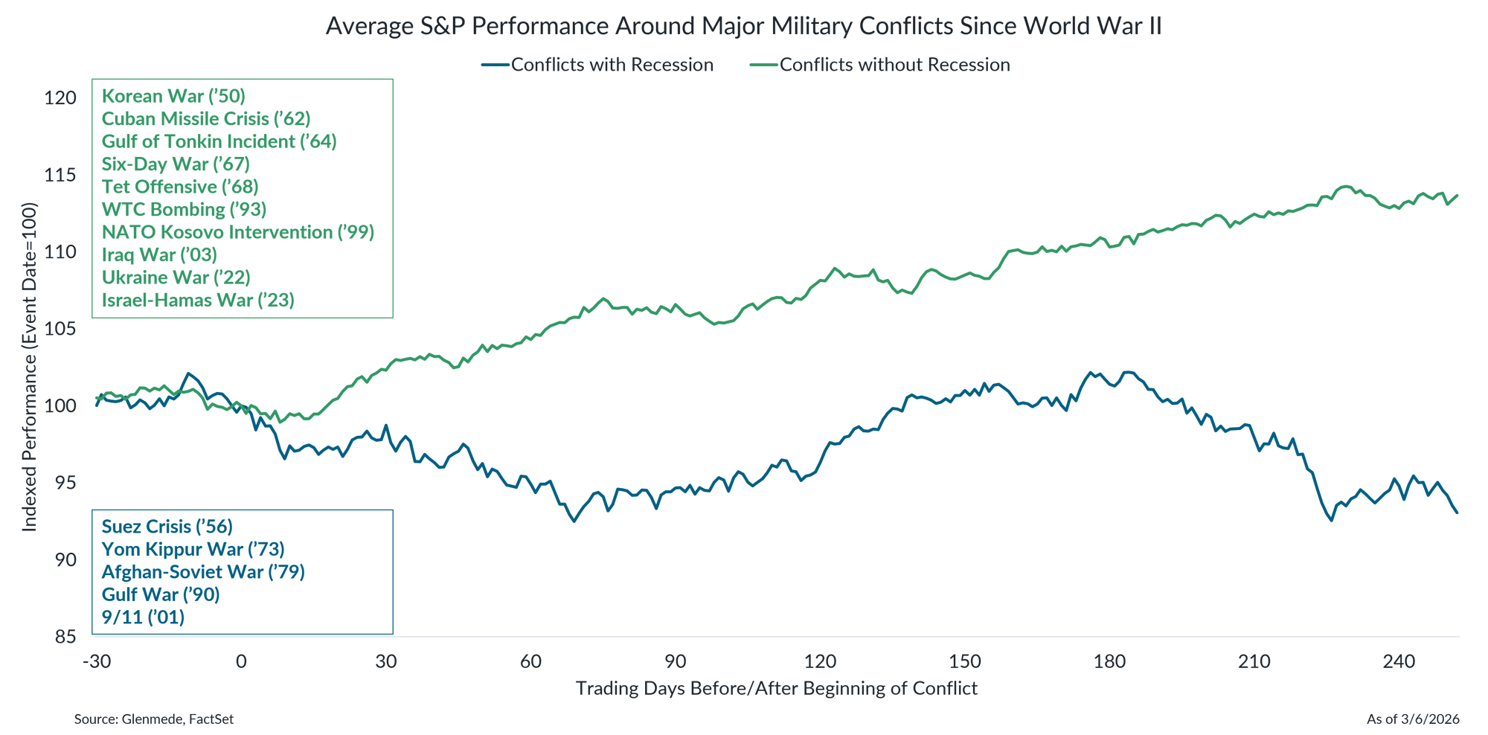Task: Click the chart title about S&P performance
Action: pyautogui.click(x=743, y=27)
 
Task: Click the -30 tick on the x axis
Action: pyautogui.click(x=96, y=661)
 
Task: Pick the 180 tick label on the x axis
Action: pyautogui.click(x=1109, y=661)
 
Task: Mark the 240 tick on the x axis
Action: pyautogui.click(x=1399, y=661)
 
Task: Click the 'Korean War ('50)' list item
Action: pyautogui.click(x=173, y=96)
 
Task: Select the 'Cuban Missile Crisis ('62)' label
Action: pyautogui.click(x=206, y=119)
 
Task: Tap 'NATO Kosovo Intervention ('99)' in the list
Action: pyautogui.click(x=238, y=232)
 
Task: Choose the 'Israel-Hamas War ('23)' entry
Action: pyautogui.click(x=198, y=300)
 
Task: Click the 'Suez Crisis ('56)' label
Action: pyautogui.click(x=167, y=527)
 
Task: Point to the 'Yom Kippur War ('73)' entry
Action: pyautogui.click(x=193, y=549)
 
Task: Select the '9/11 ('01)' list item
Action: pyautogui.click(x=143, y=617)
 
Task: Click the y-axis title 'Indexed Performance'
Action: pyautogui.click(x=29, y=367)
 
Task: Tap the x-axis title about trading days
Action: pyautogui.click(x=776, y=688)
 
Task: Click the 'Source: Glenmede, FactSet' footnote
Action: pyautogui.click(x=154, y=719)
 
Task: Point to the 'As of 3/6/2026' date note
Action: pyautogui.click(x=1412, y=719)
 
